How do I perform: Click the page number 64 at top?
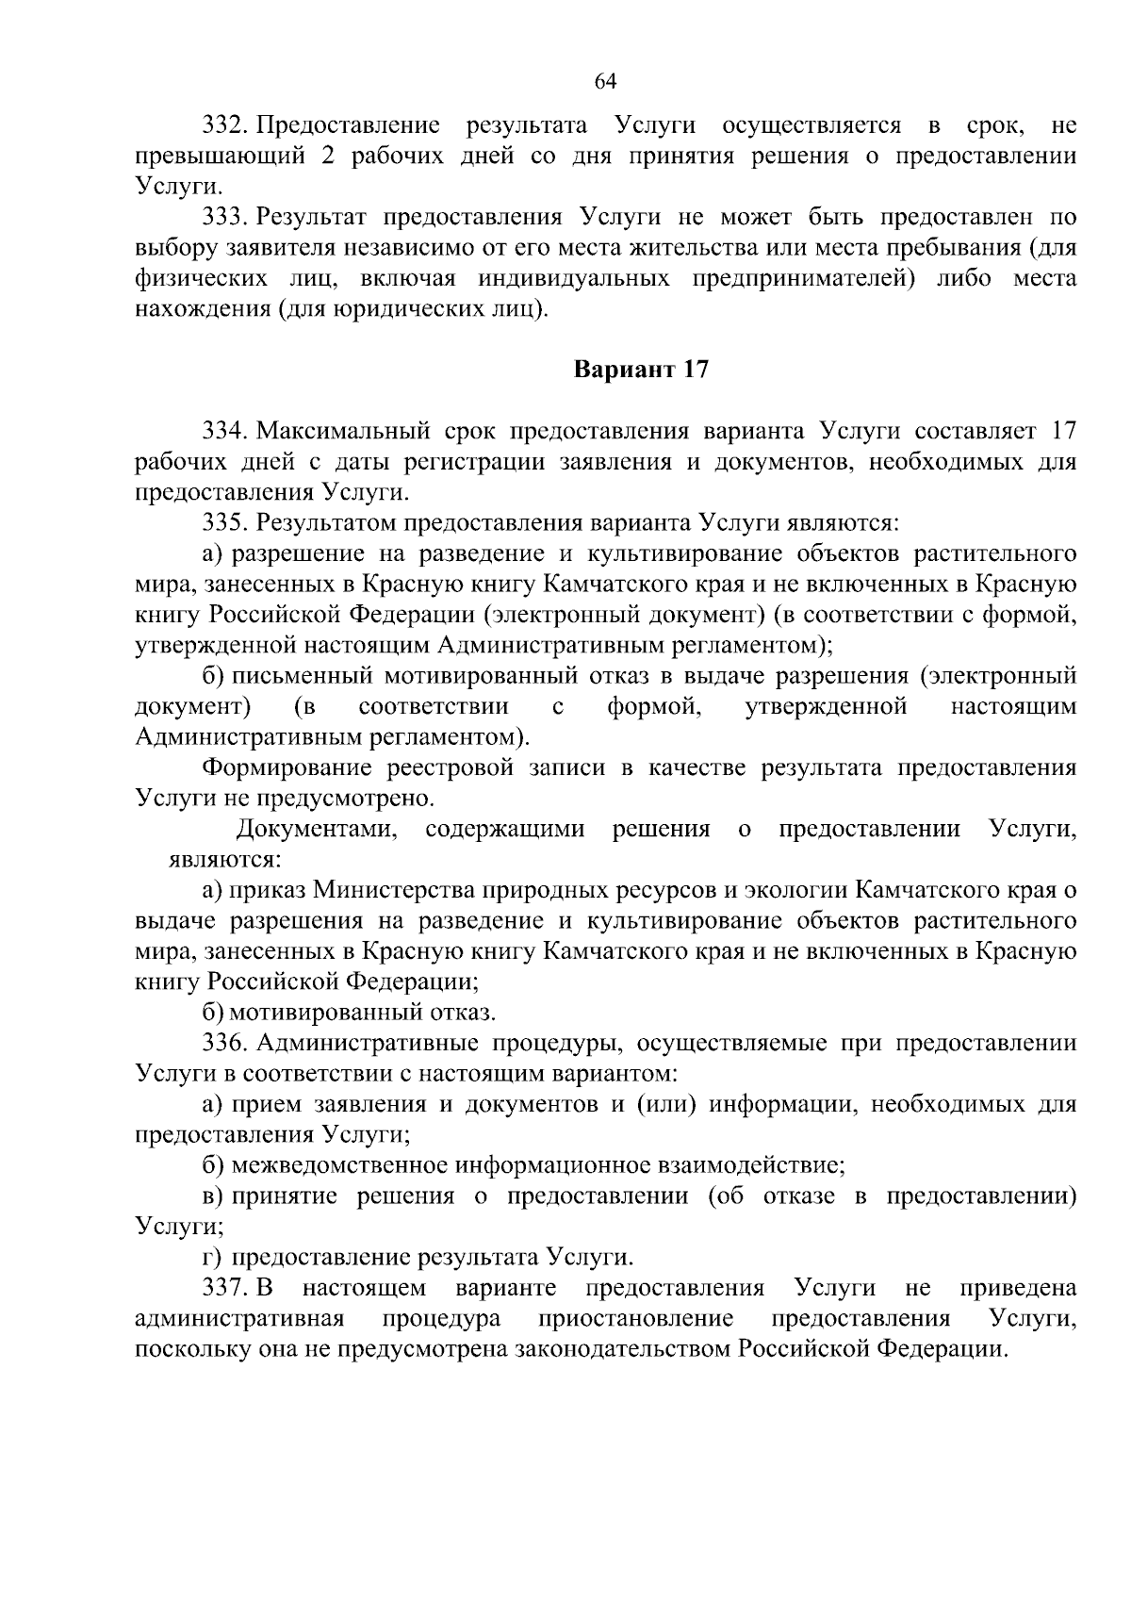(605, 82)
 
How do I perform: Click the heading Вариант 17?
(641, 370)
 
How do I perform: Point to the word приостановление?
(636, 1318)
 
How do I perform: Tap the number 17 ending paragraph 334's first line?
(1062, 432)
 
